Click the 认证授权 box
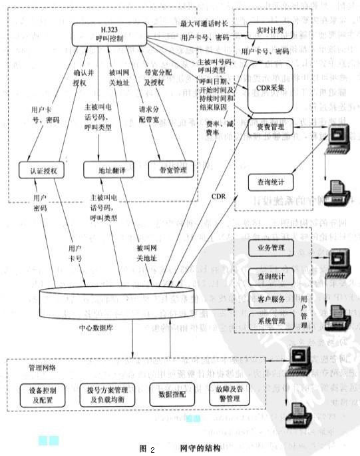tap(43, 171)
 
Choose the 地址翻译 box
tap(105, 171)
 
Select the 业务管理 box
tap(266, 248)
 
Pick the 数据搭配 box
tap(166, 395)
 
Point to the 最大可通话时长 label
tap(203, 24)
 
